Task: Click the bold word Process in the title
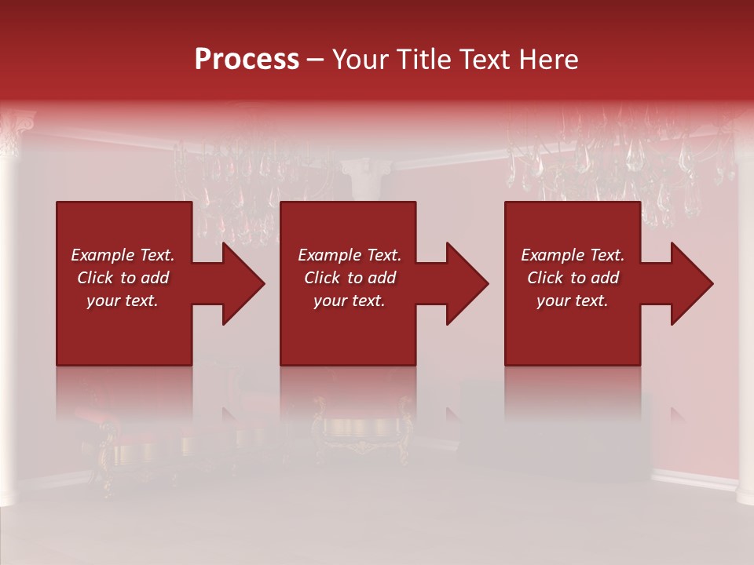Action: click(x=247, y=60)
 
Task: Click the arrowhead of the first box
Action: click(x=242, y=283)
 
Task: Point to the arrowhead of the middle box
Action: click(x=467, y=283)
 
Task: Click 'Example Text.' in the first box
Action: click(x=123, y=255)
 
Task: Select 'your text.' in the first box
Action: click(x=123, y=301)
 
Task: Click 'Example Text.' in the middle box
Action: click(x=350, y=255)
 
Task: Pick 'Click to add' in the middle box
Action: click(x=350, y=278)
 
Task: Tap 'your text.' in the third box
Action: click(x=573, y=301)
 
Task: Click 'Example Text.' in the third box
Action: click(x=573, y=255)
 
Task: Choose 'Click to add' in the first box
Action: click(x=123, y=278)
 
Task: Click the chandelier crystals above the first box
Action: click(x=236, y=173)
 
